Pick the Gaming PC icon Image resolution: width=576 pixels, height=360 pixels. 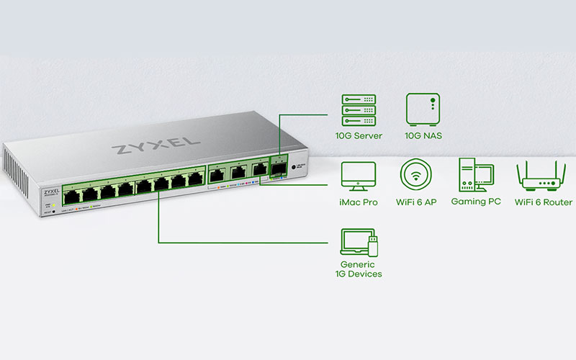pos(475,176)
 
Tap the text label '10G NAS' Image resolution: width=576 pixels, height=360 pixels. pos(422,136)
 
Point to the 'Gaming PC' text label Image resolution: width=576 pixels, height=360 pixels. pos(475,202)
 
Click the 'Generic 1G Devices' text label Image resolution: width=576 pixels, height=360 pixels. pos(358,269)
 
